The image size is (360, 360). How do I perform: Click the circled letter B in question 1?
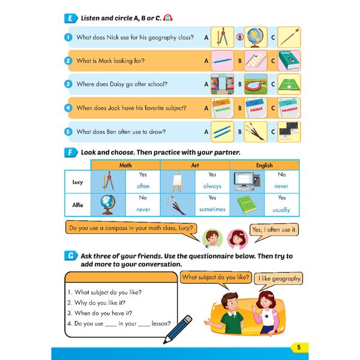point(239,37)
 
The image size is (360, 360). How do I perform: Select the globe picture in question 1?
point(255,37)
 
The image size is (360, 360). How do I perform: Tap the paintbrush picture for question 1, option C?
point(289,37)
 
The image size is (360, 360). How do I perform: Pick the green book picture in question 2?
point(289,61)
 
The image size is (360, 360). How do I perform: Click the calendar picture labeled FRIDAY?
point(255,108)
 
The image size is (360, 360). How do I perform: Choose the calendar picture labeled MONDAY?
point(221,108)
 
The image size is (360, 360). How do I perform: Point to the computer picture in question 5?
point(289,131)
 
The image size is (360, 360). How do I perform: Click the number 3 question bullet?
point(68,85)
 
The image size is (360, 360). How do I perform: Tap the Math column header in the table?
point(126,165)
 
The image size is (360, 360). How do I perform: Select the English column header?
point(264,165)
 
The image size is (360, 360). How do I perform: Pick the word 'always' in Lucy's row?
point(212,186)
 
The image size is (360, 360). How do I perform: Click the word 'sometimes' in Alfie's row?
point(212,209)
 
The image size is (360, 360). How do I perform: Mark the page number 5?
point(298,347)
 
